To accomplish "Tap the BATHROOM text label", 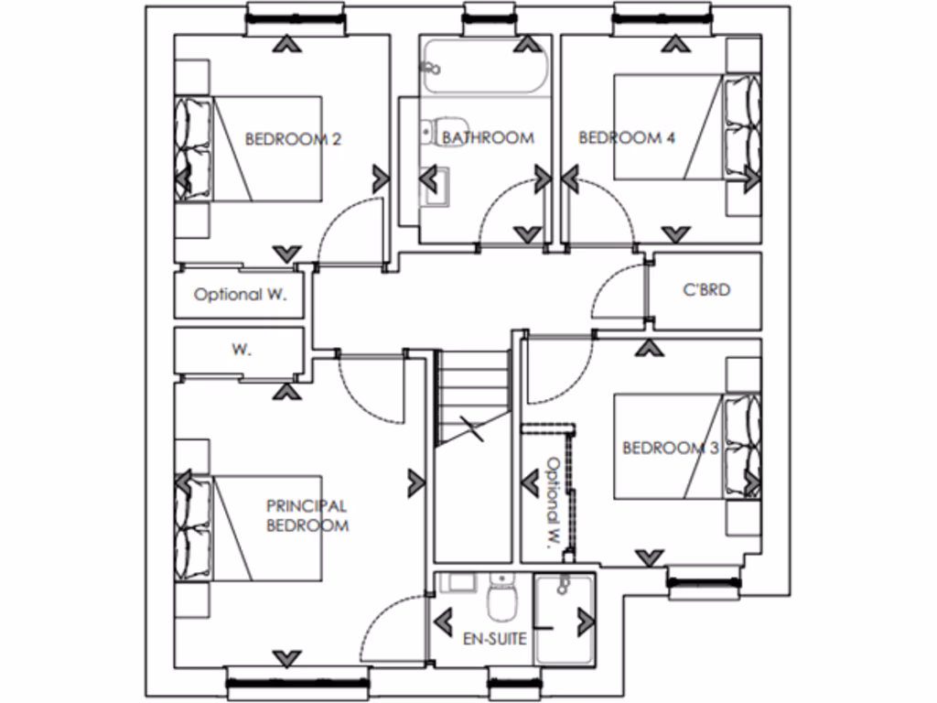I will coord(488,138).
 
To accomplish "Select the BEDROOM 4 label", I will coord(627,138).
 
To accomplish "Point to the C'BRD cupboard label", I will coord(706,290).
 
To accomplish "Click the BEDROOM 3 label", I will coord(670,448).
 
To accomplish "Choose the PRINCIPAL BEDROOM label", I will coord(307,515).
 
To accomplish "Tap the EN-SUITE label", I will coord(495,638).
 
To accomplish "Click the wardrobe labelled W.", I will coord(241,349).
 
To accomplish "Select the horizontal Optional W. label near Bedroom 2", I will coord(240,296).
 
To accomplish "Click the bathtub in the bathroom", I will coord(485,67).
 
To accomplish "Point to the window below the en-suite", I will coord(515,679).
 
